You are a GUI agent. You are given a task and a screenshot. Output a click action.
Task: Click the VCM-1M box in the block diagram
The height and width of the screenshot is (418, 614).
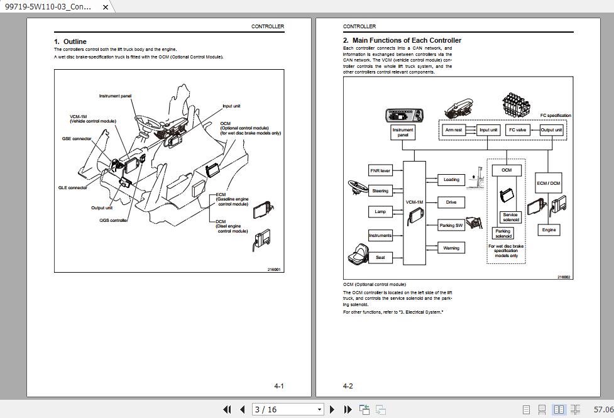(x=415, y=212)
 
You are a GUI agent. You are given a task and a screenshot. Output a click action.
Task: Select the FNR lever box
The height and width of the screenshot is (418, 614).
(x=380, y=170)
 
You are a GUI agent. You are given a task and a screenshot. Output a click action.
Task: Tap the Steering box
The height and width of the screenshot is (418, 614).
(x=380, y=191)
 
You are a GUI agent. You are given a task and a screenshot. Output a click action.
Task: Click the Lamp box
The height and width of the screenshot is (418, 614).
(x=380, y=212)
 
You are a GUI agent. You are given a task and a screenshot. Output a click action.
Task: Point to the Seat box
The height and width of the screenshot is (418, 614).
(x=380, y=258)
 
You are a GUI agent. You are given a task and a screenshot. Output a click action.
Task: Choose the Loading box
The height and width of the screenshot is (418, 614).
(x=451, y=180)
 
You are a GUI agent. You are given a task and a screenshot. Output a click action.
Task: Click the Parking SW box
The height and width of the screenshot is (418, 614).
(x=451, y=225)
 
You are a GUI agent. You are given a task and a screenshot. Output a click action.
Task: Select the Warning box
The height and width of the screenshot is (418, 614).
(x=451, y=248)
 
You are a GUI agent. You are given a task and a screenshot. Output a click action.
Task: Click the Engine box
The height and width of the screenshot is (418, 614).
(x=549, y=230)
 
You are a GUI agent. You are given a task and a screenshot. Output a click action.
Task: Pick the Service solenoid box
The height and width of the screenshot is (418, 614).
(x=510, y=217)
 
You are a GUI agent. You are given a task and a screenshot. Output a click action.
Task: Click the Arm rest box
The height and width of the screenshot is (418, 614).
(x=453, y=130)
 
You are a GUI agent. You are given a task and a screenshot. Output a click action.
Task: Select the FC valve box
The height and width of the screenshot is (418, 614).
(x=517, y=130)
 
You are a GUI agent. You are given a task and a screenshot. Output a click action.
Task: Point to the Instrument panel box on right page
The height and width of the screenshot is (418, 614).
(x=403, y=132)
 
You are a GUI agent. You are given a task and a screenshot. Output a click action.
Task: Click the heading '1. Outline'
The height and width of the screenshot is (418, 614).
(x=70, y=41)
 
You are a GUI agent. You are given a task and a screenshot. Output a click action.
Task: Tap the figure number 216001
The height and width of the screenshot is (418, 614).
(x=274, y=269)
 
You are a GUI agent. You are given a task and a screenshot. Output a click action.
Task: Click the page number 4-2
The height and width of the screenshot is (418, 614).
(x=348, y=386)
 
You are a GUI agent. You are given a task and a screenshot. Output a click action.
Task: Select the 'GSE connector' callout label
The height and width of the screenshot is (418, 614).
(x=77, y=138)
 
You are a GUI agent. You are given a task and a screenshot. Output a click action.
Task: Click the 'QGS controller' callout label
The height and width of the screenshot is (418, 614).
(x=114, y=221)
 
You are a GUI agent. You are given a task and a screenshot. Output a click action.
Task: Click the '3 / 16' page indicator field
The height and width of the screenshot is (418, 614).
(x=285, y=409)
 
